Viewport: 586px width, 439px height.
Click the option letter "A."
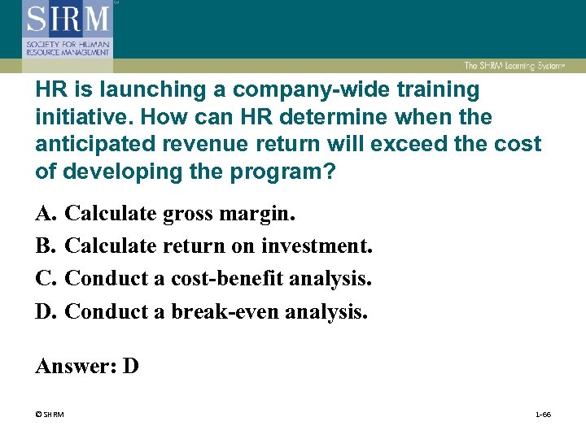point(46,214)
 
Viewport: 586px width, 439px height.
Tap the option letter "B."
point(46,246)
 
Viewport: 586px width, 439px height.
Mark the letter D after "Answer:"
point(130,366)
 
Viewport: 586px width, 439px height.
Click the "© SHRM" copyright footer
point(50,415)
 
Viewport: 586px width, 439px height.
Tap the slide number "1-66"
point(543,415)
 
